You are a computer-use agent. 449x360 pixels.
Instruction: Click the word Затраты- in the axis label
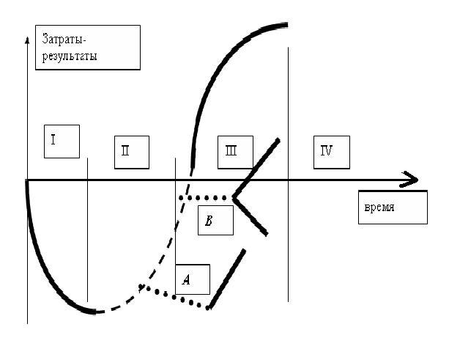tap(64, 39)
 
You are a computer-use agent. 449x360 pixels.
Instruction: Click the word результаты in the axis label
tap(70, 56)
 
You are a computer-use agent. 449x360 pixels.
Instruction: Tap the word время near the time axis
tap(379, 207)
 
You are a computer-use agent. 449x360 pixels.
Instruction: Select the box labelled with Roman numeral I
tap(62, 142)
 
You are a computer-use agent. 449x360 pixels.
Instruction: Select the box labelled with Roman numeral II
tap(132, 153)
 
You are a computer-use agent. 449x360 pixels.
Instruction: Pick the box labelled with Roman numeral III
tap(235, 153)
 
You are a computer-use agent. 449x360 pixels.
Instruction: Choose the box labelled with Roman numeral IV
tap(332, 153)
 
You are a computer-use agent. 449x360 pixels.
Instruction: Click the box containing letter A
tap(193, 279)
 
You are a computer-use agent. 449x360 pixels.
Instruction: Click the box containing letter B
tap(215, 220)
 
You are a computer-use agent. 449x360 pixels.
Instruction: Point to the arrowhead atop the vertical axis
tap(27, 40)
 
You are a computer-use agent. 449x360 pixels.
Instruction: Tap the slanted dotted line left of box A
tap(174, 297)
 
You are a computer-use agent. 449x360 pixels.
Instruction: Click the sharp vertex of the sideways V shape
tap(233, 197)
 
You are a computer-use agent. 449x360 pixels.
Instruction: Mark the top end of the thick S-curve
tap(287, 25)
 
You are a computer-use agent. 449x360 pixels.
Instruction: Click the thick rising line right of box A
tap(226, 279)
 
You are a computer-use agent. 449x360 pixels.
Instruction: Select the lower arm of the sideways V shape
tap(251, 217)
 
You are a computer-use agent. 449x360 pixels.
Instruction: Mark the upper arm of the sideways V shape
tap(256, 169)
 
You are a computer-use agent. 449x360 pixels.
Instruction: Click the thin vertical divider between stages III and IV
tap(288, 175)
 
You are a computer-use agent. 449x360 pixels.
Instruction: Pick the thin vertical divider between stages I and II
tap(87, 229)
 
